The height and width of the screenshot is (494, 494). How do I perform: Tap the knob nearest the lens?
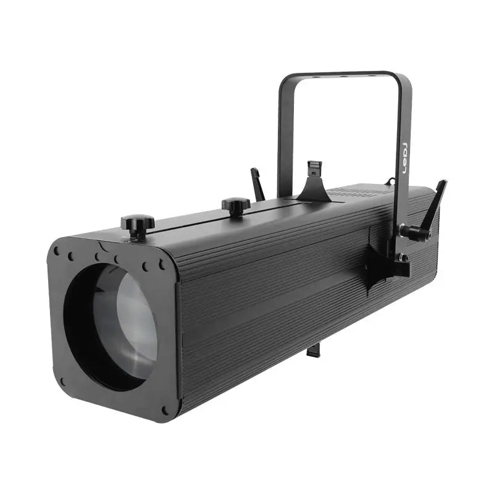point(138,224)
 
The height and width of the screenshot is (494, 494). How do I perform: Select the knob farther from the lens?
point(236,205)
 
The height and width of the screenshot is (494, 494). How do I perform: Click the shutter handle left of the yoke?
point(258,184)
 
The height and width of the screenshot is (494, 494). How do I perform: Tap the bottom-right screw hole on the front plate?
point(164,410)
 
